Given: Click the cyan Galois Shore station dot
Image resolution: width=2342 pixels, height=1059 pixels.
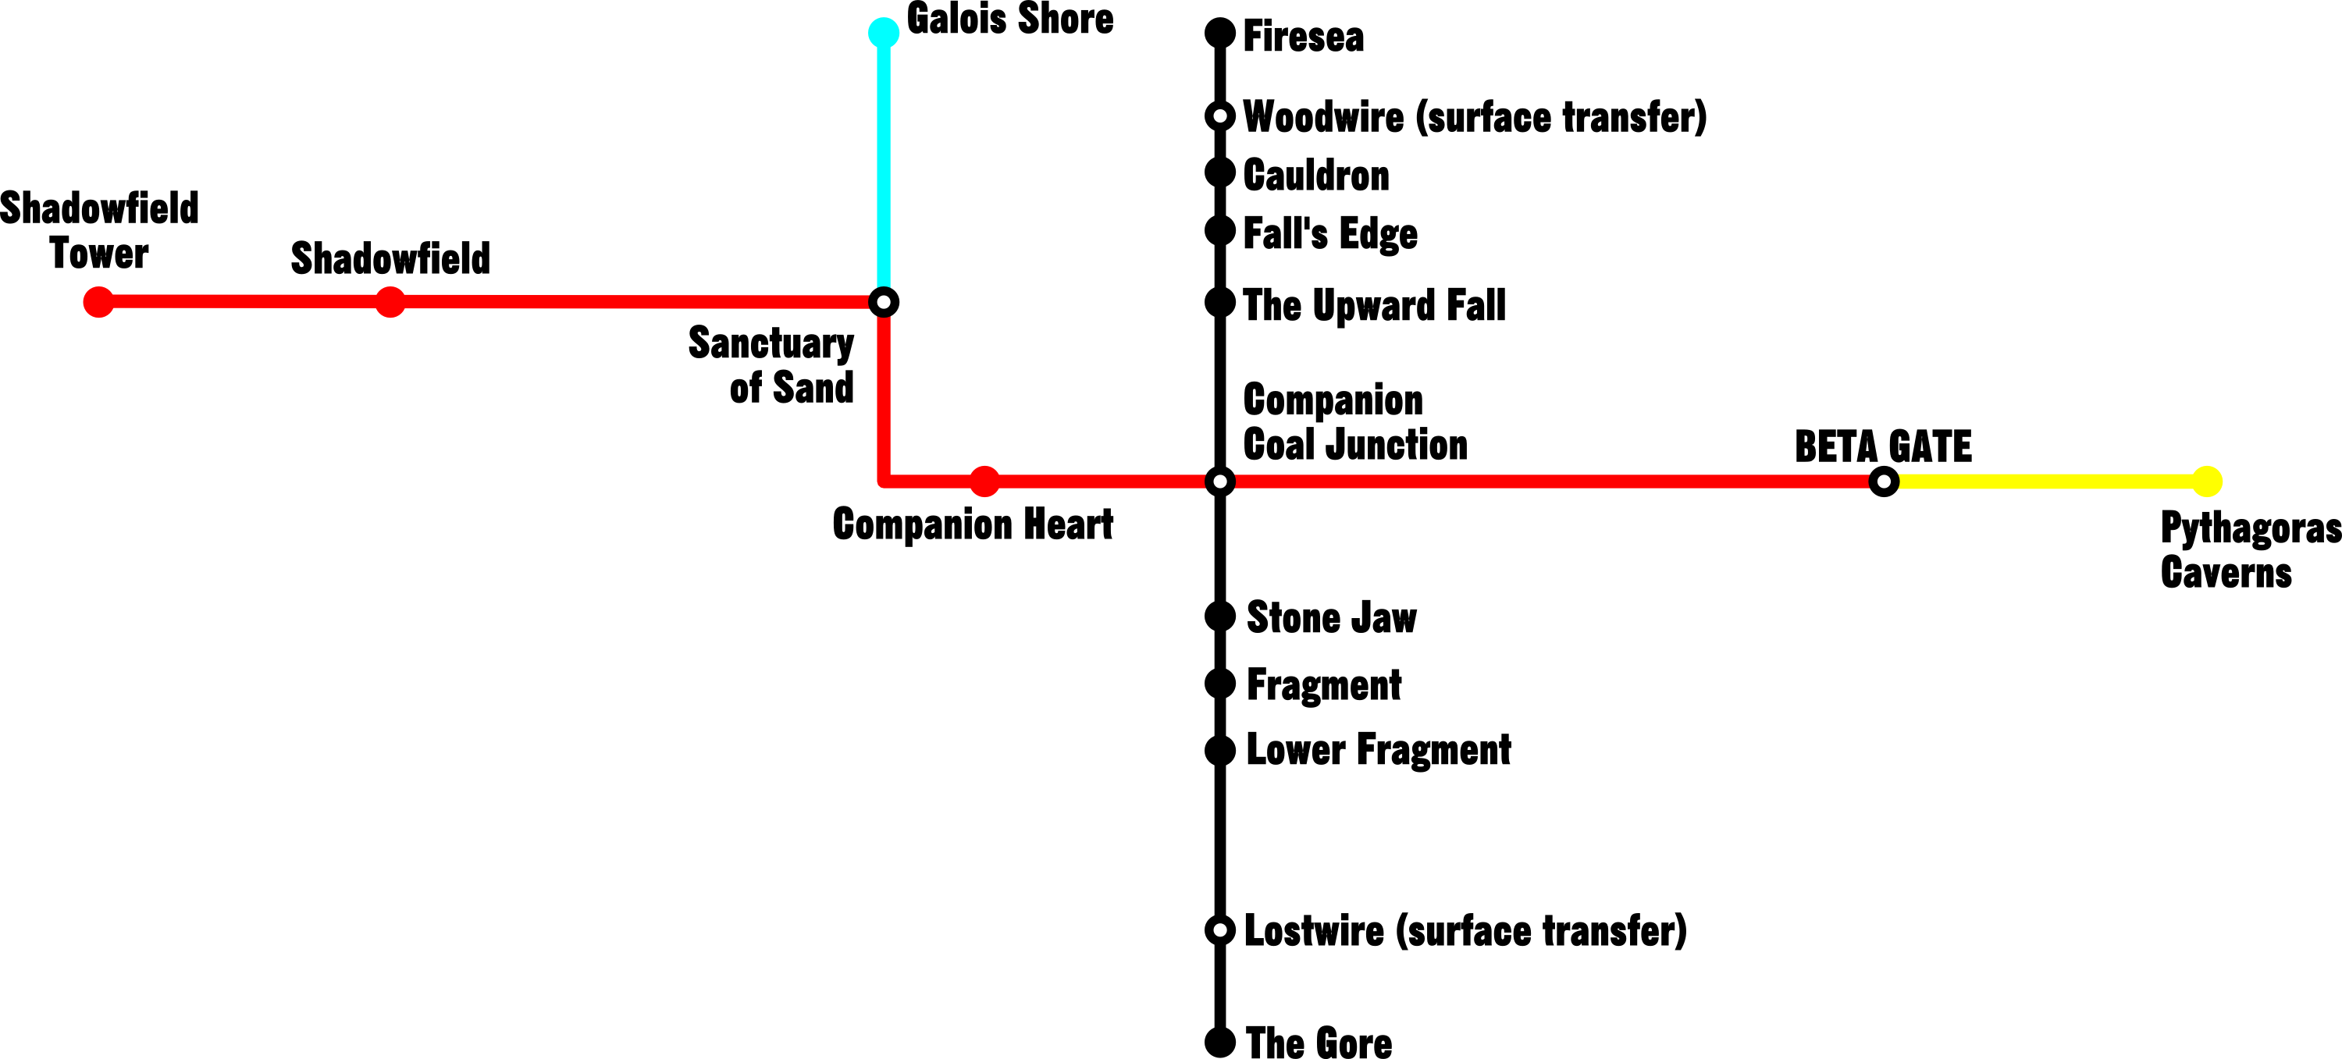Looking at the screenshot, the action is (x=883, y=33).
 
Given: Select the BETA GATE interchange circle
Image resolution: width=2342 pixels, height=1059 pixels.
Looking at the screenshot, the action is (x=1884, y=481).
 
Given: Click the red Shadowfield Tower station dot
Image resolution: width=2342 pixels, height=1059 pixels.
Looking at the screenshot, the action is (x=98, y=302).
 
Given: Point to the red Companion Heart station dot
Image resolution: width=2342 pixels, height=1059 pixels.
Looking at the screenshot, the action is (x=984, y=481).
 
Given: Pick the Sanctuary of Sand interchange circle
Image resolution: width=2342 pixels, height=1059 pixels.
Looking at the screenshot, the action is (x=883, y=302).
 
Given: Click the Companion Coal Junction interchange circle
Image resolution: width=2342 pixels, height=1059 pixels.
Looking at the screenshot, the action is (x=1220, y=481).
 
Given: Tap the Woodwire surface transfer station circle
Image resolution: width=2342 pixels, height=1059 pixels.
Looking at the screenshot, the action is (x=1220, y=116).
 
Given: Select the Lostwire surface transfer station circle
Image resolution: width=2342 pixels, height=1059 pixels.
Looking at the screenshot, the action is (x=1220, y=930).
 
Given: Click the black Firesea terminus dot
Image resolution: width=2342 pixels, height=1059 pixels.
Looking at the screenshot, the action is (x=1220, y=34).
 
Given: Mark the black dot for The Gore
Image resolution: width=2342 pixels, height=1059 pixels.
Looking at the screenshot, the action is (x=1220, y=1043).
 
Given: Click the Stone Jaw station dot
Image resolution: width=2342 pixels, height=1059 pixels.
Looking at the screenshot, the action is (x=1220, y=617).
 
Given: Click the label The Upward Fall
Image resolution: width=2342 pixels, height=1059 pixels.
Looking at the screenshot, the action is (x=1374, y=305).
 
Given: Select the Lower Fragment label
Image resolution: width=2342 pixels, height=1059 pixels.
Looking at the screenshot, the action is (x=1379, y=751).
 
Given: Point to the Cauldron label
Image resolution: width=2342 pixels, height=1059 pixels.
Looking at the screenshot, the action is (x=1315, y=176).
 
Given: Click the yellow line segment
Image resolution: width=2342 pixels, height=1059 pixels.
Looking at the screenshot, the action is (x=2045, y=481).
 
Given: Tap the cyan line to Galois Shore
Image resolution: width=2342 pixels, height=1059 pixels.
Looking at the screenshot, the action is (x=883, y=167).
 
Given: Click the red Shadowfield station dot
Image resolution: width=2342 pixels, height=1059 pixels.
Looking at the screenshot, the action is (x=390, y=302).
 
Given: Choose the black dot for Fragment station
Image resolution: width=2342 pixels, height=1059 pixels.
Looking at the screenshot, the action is (x=1220, y=684).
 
